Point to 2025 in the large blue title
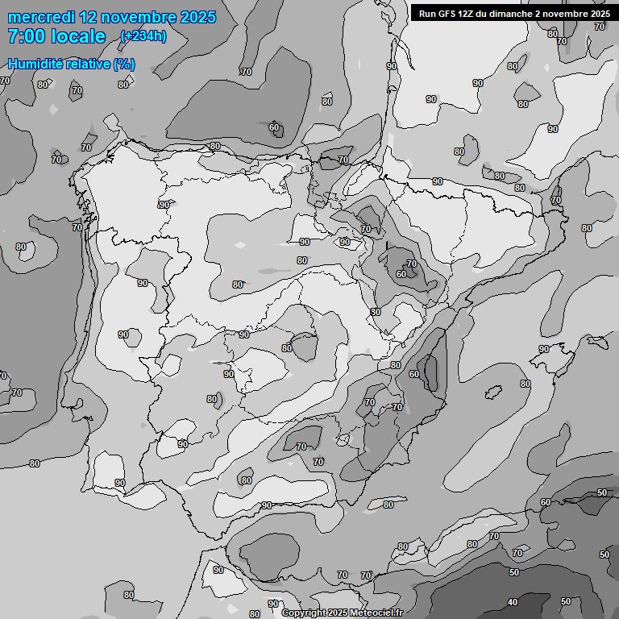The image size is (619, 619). tap(198, 17)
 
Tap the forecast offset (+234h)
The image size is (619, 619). tap(143, 36)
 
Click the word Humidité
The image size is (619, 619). tap(35, 64)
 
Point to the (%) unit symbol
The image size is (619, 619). tap(124, 64)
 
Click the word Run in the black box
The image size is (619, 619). tap(427, 13)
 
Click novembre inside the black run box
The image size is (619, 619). tap(568, 13)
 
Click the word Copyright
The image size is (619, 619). tap(305, 613)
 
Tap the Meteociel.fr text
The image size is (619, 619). tap(376, 613)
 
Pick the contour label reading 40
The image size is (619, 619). tap(513, 602)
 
